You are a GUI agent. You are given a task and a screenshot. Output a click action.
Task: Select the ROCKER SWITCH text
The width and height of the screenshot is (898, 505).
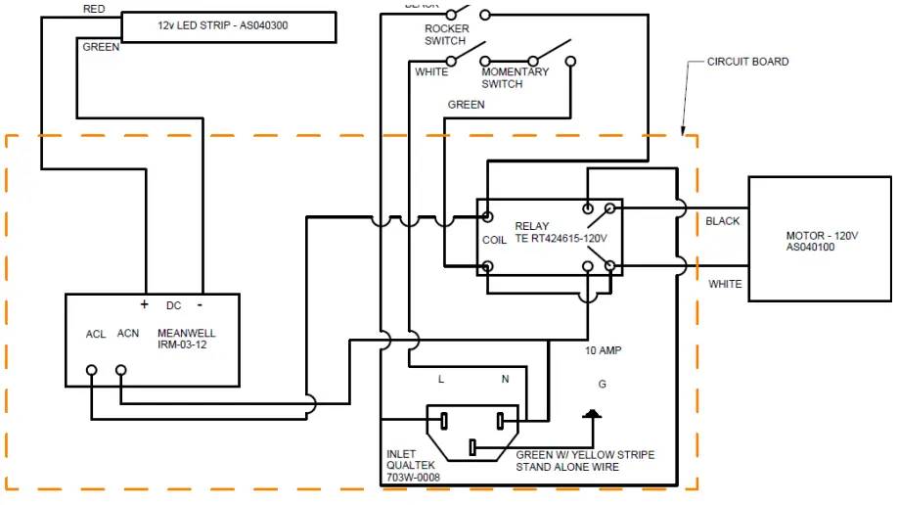coord(446,35)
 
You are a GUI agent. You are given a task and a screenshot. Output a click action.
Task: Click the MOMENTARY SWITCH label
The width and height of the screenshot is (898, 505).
coord(515,77)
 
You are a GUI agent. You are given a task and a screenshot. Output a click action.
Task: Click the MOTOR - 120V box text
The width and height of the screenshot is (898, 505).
coord(822,242)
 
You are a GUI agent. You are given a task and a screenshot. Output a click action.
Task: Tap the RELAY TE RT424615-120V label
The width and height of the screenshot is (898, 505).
coord(561,233)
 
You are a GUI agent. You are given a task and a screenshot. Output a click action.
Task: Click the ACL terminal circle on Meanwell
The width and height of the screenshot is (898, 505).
coord(92,370)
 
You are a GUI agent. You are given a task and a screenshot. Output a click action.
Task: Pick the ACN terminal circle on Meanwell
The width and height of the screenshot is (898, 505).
coord(121,370)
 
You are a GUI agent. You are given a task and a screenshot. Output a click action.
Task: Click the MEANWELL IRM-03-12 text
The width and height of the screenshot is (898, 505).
coord(187,340)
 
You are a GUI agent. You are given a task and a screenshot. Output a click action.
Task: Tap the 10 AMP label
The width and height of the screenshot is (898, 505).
coord(603,349)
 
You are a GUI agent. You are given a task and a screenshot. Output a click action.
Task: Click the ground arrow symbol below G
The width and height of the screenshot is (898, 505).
coord(591,414)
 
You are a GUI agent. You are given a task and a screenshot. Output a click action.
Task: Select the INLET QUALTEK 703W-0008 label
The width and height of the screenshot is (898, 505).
coord(412,466)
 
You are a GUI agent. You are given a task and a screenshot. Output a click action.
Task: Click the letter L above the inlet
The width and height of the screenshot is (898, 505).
coord(441,379)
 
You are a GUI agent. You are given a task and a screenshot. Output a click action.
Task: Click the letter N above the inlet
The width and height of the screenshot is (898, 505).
coord(505,379)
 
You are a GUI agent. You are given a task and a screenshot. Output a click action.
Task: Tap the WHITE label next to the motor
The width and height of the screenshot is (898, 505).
coord(725,284)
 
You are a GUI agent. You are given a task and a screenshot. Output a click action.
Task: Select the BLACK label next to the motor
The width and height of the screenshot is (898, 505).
coord(723,221)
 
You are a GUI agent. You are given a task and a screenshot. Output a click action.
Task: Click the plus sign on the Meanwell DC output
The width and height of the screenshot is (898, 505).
coord(144,304)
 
